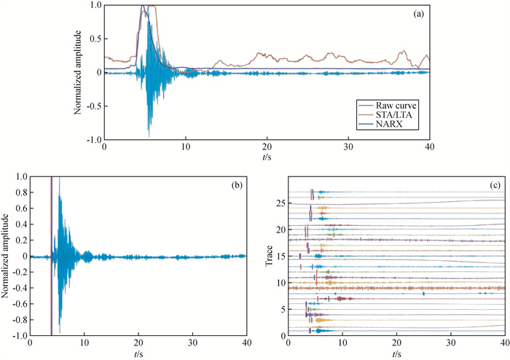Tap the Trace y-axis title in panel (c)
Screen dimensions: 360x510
(269, 256)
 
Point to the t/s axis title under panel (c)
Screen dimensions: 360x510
(396, 353)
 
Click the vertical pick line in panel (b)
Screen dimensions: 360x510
(51, 255)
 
